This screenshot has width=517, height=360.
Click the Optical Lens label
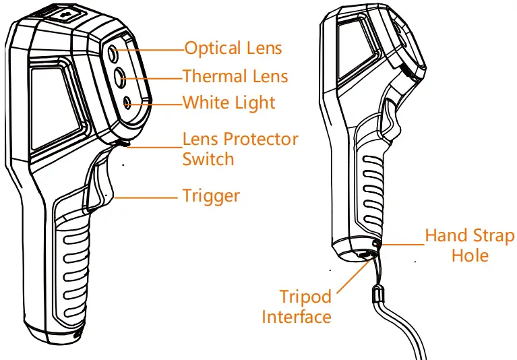pyautogui.click(x=233, y=49)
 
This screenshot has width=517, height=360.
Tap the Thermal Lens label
pyautogui.click(x=235, y=76)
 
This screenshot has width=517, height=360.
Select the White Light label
pyautogui.click(x=229, y=103)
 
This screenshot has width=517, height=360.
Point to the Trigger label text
pyautogui.click(x=211, y=196)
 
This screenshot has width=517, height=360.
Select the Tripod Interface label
pyautogui.click(x=297, y=307)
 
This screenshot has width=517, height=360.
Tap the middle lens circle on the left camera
pyautogui.click(x=120, y=76)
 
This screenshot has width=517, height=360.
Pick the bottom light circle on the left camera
pyautogui.click(x=127, y=102)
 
